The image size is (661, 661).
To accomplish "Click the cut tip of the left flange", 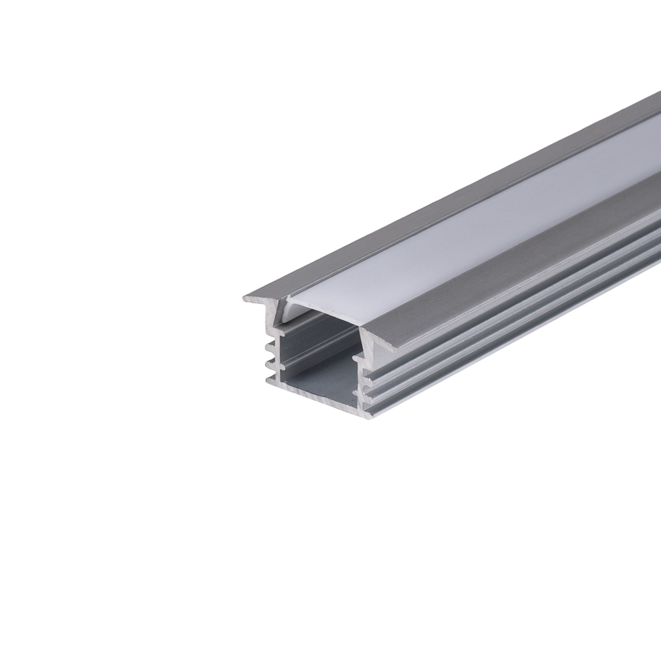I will click(x=245, y=299).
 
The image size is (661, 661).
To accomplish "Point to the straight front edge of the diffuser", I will click(x=324, y=311).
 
